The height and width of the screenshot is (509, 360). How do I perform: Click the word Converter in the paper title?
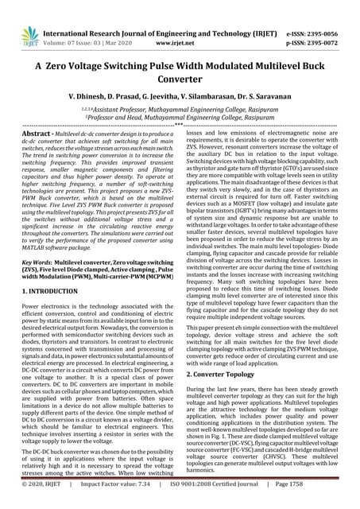[180, 80]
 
